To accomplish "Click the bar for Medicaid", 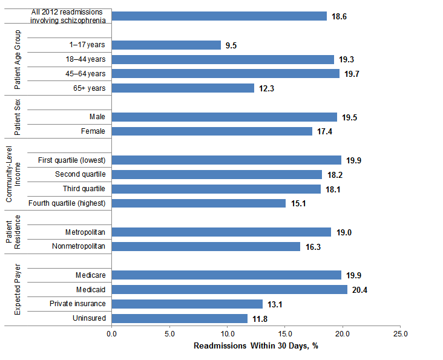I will pyautogui.click(x=229, y=290).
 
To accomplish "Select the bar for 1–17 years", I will pyautogui.click(x=166, y=45).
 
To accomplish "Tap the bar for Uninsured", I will pyautogui.click(x=180, y=318).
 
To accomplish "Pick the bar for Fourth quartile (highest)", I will pyautogui.click(x=199, y=203).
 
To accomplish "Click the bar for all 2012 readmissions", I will pyautogui.click(x=219, y=16).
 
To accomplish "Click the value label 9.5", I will pyautogui.click(x=231, y=45).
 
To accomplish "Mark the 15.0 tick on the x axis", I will pyautogui.click(x=285, y=333).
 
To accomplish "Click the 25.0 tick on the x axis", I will pyautogui.click(x=401, y=333).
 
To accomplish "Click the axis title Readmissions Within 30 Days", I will pyautogui.click(x=256, y=346).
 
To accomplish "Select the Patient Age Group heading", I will pyautogui.click(x=17, y=59).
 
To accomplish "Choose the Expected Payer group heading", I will pyautogui.click(x=17, y=293).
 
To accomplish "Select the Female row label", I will pyautogui.click(x=93, y=131).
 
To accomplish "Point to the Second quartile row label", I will pyautogui.click(x=80, y=174).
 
